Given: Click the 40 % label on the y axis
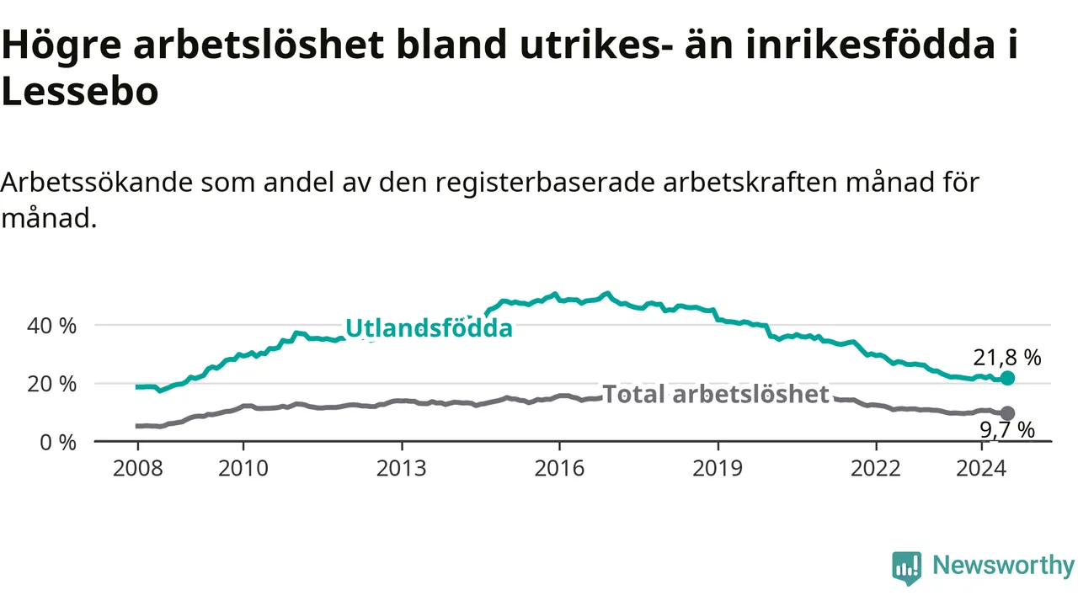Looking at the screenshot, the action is (51, 326).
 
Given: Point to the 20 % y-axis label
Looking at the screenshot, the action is (51, 385).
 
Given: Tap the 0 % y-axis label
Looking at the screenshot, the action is (58, 443).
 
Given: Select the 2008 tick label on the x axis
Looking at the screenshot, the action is (137, 469).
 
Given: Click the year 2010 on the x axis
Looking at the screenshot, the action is (243, 469).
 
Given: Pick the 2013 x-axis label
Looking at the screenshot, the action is (402, 469).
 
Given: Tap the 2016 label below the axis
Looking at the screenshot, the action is (559, 469).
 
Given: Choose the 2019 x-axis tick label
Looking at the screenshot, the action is (718, 469).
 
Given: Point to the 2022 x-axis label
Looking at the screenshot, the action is (875, 469).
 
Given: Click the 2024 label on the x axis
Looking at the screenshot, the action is (981, 469).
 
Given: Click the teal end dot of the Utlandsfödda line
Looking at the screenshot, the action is (1007, 379).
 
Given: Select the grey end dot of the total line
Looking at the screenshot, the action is (1007, 413).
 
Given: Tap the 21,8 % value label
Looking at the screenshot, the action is (1007, 358).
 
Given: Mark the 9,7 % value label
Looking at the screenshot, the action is (1007, 430).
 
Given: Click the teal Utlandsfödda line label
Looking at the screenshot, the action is (429, 329).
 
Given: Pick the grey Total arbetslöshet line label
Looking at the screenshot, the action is (716, 395).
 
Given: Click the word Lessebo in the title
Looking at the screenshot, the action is (80, 92).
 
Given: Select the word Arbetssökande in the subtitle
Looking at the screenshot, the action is (97, 183).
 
